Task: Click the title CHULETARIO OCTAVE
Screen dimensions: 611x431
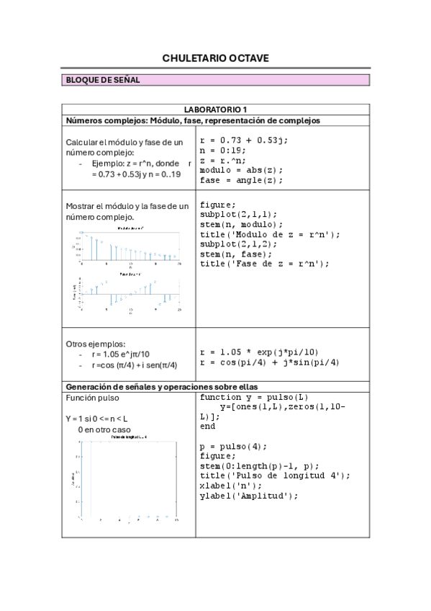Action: tap(215, 58)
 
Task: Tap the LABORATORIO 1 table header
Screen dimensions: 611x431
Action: tap(215, 109)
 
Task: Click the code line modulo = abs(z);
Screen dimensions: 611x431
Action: tap(241, 170)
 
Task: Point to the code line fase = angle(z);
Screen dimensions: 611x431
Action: tap(241, 180)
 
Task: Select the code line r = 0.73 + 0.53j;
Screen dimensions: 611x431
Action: tap(243, 140)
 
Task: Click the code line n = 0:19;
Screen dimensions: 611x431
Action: tap(223, 150)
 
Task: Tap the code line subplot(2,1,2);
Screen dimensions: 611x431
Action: tap(238, 244)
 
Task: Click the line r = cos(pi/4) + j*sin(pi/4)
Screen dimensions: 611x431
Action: tap(269, 362)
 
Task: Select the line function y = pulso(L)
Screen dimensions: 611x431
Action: tap(254, 397)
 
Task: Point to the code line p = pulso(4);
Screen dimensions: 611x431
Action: tap(230, 446)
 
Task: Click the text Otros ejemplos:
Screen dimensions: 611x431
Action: tap(95, 344)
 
